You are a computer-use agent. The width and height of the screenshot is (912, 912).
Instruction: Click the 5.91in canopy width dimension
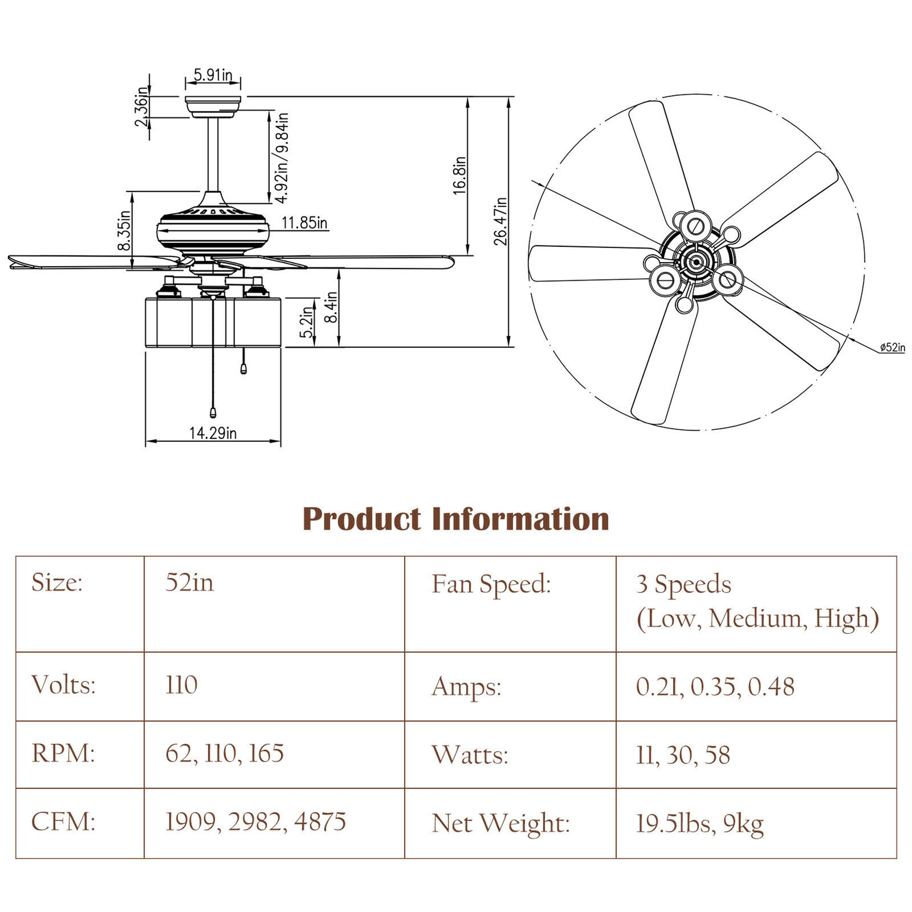point(213,75)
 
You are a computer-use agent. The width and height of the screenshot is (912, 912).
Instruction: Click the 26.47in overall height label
point(500,222)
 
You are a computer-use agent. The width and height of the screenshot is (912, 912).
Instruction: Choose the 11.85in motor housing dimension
point(305,223)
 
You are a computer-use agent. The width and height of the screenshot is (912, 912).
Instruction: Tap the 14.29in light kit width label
point(213,433)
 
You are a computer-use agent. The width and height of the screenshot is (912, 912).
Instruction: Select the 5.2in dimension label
point(307,322)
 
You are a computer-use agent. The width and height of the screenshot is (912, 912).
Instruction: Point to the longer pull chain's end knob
point(213,413)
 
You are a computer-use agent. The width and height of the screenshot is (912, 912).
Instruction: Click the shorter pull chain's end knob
point(244,368)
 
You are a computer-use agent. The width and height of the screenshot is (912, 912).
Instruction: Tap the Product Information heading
point(456,519)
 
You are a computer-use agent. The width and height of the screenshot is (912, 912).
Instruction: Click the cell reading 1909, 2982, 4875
point(255,821)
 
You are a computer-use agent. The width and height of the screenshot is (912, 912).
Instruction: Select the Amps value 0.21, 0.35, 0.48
point(715,686)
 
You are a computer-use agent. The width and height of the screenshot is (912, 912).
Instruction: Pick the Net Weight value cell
point(699,824)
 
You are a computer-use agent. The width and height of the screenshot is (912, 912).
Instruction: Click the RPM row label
point(63,753)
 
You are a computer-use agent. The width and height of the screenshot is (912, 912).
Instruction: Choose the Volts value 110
point(181,685)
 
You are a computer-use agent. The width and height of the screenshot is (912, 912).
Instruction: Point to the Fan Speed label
point(492,584)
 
